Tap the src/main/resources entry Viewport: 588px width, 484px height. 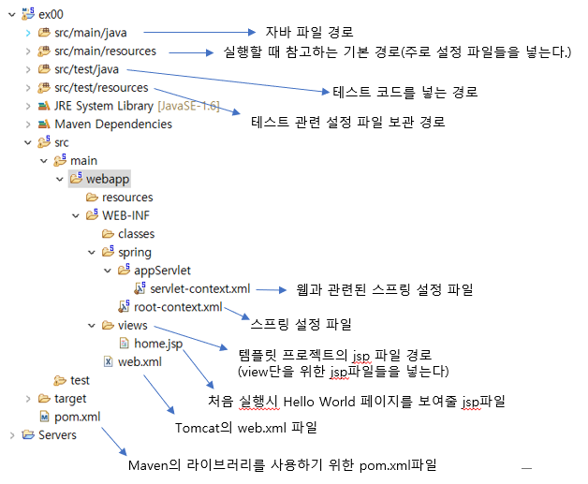click(105, 51)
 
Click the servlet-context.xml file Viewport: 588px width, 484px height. click(199, 289)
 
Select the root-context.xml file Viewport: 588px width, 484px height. click(178, 307)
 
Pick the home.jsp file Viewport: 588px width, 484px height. click(158, 344)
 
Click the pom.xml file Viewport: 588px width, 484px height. click(76, 417)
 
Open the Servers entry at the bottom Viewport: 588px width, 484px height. click(58, 434)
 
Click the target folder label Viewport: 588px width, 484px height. click(71, 399)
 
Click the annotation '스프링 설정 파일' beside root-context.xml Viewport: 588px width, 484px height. click(301, 325)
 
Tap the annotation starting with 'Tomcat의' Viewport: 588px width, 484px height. click(246, 428)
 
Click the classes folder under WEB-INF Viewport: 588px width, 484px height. click(136, 234)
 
